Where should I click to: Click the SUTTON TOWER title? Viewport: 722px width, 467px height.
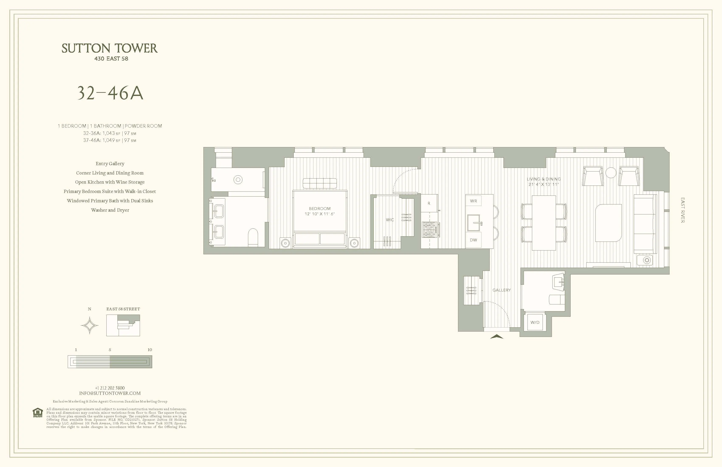pyautogui.click(x=110, y=48)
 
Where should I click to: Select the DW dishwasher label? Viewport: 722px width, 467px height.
pyautogui.click(x=473, y=240)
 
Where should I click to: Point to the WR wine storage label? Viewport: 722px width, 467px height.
pyautogui.click(x=473, y=201)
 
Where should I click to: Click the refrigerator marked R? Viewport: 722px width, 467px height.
pyautogui.click(x=429, y=203)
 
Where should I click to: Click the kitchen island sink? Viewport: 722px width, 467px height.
pyautogui.click(x=474, y=223)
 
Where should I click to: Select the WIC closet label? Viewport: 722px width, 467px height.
pyautogui.click(x=390, y=219)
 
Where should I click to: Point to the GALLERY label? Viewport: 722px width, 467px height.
pyautogui.click(x=501, y=290)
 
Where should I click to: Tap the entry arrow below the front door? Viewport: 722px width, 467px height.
pyautogui.click(x=497, y=336)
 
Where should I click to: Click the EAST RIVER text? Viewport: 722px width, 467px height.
pyautogui.click(x=683, y=210)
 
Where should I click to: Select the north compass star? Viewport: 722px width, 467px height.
pyautogui.click(x=89, y=326)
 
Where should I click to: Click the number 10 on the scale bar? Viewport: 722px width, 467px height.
pyautogui.click(x=149, y=350)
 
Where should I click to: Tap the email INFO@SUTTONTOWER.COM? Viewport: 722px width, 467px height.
pyautogui.click(x=110, y=393)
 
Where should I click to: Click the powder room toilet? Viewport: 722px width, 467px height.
pyautogui.click(x=557, y=300)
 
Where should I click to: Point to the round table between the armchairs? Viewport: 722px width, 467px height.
pyautogui.click(x=611, y=173)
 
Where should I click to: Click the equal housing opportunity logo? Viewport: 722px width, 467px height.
pyautogui.click(x=38, y=413)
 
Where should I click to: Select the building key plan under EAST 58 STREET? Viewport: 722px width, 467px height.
pyautogui.click(x=123, y=325)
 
